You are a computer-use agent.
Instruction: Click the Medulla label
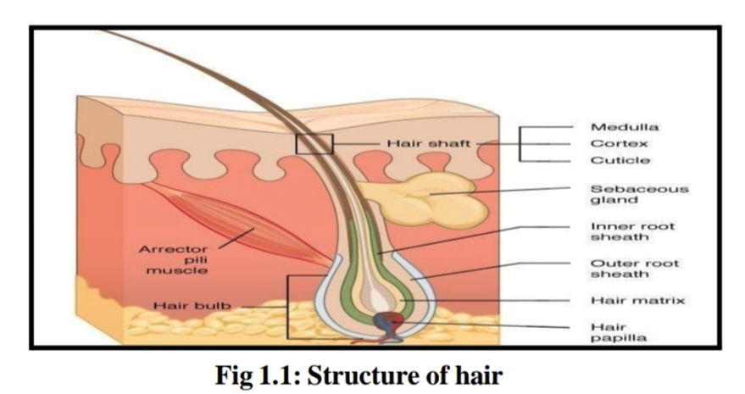tap(625, 127)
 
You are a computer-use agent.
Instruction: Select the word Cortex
tap(619, 143)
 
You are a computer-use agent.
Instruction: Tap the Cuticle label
tap(620, 160)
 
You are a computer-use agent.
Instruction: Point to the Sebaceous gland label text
tap(639, 194)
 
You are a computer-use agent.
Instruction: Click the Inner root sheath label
tap(632, 231)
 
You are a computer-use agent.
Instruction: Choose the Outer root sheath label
tap(634, 269)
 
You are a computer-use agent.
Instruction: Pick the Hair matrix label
tap(637, 300)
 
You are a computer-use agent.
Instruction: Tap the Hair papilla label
tap(618, 332)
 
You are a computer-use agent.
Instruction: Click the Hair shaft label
tap(429, 143)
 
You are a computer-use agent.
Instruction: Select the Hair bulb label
tap(192, 305)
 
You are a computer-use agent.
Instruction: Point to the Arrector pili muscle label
tap(174, 259)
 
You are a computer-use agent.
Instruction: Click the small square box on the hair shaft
tap(314, 144)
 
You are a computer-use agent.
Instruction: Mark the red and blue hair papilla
tap(387, 323)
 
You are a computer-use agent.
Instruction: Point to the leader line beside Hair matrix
tap(486, 300)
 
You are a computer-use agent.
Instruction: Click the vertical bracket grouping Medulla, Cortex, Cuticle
tap(520, 144)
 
